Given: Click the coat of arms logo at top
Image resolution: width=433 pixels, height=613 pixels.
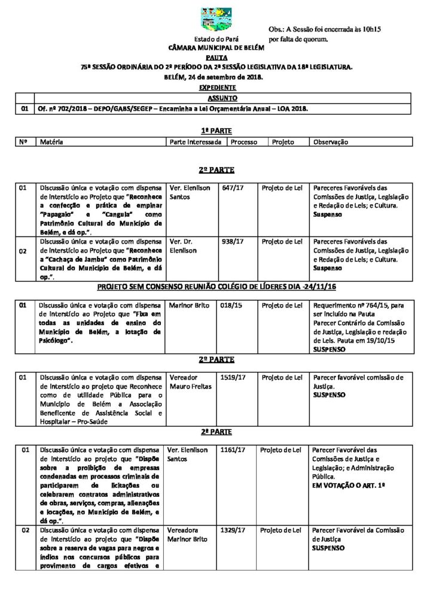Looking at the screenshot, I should [x=216, y=19].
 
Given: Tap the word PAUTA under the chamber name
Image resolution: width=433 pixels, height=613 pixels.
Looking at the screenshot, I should [x=216, y=57].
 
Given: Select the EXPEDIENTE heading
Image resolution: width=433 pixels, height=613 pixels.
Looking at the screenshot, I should [x=216, y=87].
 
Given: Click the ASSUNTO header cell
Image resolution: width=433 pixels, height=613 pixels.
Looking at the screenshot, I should [x=222, y=98].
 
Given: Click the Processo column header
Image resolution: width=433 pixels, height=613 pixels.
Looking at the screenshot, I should [x=244, y=142].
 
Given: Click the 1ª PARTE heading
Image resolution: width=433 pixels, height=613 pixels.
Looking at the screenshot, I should [x=216, y=131].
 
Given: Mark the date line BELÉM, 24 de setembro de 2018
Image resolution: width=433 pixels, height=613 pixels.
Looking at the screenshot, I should [x=216, y=77].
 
